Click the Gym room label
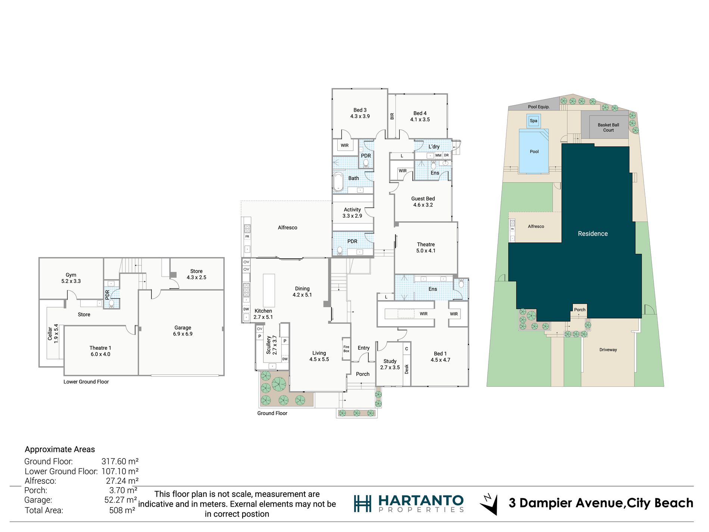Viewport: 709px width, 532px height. click(x=71, y=278)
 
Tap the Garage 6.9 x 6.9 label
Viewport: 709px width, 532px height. click(x=183, y=331)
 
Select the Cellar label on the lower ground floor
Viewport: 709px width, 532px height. click(x=53, y=334)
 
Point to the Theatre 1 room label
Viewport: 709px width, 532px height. click(x=100, y=351)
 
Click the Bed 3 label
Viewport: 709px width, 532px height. click(x=360, y=113)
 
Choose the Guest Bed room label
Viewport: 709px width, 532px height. click(x=423, y=202)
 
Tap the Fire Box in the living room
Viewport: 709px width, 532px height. click(x=346, y=349)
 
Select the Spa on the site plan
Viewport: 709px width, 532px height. click(x=534, y=121)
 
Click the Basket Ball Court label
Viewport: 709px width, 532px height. click(x=608, y=128)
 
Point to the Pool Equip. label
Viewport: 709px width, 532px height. click(x=539, y=107)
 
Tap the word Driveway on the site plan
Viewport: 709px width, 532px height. click(x=608, y=350)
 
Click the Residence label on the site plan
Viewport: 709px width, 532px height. click(x=593, y=234)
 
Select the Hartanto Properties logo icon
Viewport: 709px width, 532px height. click(x=363, y=504)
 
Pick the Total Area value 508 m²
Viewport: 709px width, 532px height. click(x=122, y=510)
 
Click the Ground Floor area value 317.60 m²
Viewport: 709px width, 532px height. click(x=120, y=462)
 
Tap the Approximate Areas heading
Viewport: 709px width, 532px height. click(x=60, y=449)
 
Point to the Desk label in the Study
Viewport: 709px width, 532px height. click(x=407, y=369)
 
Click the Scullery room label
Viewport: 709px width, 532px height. click(x=272, y=345)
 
